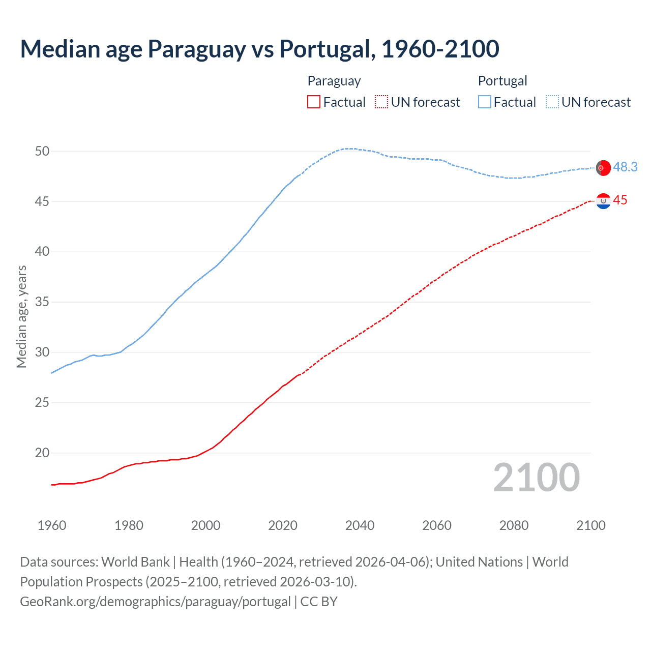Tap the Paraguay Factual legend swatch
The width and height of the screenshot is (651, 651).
tap(314, 102)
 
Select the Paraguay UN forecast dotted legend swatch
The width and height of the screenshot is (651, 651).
tap(381, 102)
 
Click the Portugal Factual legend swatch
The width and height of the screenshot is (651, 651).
tap(485, 102)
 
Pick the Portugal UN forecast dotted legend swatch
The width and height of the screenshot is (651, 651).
tap(552, 102)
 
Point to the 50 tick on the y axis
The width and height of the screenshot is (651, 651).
tap(42, 151)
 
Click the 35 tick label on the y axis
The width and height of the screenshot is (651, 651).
tap(42, 302)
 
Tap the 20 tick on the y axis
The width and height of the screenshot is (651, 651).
tap(42, 453)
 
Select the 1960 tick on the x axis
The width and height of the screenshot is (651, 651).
tap(52, 525)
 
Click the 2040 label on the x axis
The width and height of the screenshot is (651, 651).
tap(360, 525)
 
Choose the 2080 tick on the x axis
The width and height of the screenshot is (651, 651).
tap(514, 525)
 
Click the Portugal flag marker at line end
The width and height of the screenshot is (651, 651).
tap(603, 168)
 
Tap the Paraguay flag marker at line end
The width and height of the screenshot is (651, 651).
tap(603, 201)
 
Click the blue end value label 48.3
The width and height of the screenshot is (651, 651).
tap(625, 167)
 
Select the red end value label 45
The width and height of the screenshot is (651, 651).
tap(620, 200)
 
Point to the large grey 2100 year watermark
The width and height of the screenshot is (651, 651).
tap(536, 478)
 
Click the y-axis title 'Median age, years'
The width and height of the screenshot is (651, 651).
tap(21, 316)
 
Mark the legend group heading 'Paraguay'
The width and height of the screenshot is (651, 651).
tap(334, 81)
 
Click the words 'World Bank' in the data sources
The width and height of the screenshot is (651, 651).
tap(135, 562)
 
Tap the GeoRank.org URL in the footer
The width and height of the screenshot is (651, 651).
tap(155, 602)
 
